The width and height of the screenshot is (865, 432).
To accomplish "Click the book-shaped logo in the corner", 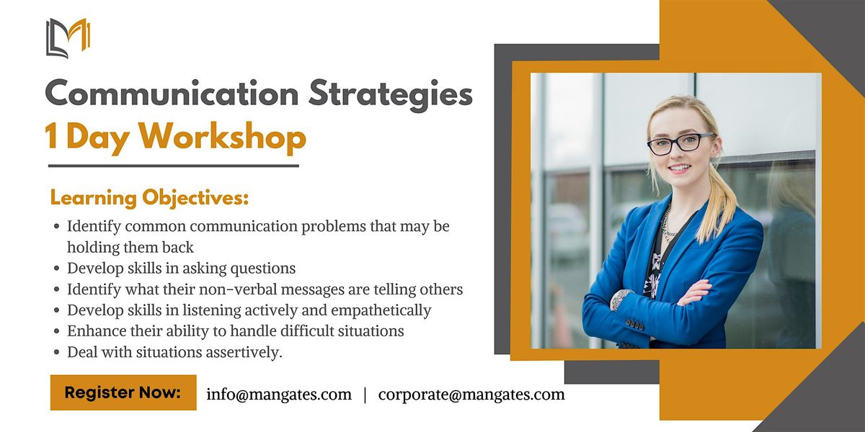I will [67, 37].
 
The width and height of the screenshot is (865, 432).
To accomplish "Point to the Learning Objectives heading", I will [149, 197].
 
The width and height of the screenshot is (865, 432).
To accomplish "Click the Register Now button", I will [123, 392].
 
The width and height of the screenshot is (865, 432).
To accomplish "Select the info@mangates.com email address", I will [279, 395].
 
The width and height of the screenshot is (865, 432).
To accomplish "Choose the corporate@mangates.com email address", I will [471, 395].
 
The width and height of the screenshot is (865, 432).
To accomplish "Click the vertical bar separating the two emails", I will [365, 395].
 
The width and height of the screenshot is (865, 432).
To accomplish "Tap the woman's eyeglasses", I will [680, 143].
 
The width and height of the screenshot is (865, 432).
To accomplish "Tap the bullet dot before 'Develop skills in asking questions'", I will [57, 269].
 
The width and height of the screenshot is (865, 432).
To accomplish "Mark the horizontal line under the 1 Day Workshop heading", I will [173, 166].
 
